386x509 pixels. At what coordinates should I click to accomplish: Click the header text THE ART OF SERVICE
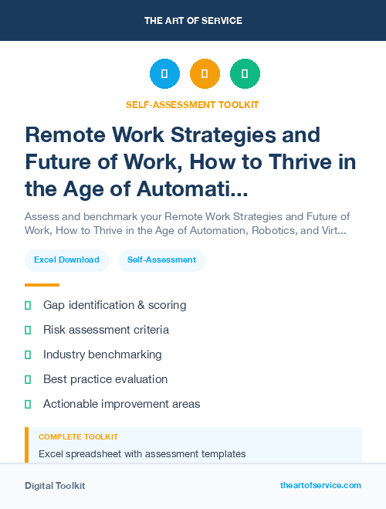coord(193,21)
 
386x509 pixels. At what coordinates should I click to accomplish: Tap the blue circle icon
coord(164,74)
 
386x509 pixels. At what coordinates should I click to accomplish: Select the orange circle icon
coord(205,74)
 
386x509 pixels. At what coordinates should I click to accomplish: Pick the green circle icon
coord(245,74)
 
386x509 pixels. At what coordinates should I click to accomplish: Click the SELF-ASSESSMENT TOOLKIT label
coord(193,104)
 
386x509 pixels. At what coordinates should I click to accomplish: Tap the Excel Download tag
coord(66,260)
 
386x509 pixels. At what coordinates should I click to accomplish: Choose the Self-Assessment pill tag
coord(162,260)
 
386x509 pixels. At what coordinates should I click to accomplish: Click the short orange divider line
coord(42,284)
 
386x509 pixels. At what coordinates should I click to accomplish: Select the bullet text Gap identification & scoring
coord(114,305)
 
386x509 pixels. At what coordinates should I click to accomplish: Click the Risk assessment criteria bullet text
coord(106,330)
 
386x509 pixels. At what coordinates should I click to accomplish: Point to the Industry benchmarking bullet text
coord(102,355)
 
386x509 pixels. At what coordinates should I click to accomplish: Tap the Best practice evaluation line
coord(105,379)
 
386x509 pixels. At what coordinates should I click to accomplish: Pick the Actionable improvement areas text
coord(121,404)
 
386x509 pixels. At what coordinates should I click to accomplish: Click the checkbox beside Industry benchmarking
coord(28,355)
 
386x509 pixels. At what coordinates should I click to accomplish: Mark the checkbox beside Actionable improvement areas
coord(28,404)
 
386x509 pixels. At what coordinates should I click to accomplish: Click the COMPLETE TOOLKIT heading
coord(78,437)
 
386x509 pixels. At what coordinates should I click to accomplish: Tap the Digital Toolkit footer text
coord(55,486)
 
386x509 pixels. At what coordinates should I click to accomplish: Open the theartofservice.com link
coord(320,485)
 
